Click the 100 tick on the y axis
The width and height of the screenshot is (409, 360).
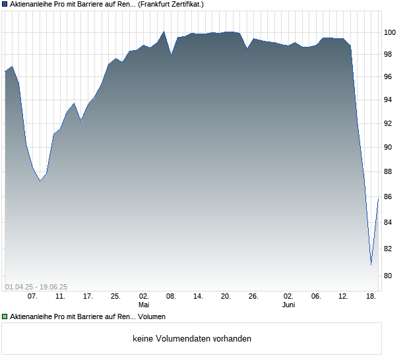(x=391, y=32)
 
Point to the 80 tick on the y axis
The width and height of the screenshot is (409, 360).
(x=389, y=276)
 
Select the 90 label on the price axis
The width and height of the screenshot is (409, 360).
(x=389, y=148)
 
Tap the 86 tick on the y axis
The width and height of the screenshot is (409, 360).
(x=389, y=197)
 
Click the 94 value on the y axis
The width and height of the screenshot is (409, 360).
(x=389, y=100)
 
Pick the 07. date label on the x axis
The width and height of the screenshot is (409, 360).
(x=32, y=297)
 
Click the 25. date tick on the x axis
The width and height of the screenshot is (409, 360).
(x=115, y=297)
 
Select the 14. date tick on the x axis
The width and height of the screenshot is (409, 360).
(x=198, y=297)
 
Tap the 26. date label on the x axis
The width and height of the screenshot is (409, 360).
(x=253, y=297)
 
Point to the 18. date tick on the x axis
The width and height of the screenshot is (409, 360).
(x=371, y=297)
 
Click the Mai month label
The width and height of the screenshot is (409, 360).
(x=144, y=305)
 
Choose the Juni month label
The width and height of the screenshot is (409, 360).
(x=288, y=305)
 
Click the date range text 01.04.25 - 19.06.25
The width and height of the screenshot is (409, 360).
(x=36, y=287)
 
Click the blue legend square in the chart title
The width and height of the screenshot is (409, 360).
(x=5, y=4)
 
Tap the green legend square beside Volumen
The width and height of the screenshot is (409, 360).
(x=5, y=317)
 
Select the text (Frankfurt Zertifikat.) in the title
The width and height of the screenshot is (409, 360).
(x=171, y=4)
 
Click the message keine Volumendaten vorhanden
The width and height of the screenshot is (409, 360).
(x=192, y=339)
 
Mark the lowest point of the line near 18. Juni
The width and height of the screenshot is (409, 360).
(x=371, y=265)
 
